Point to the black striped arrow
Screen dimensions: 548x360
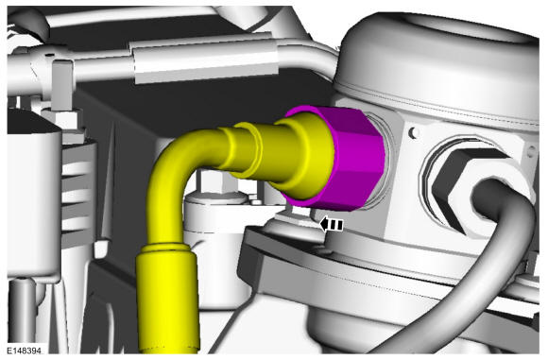coord(332,225)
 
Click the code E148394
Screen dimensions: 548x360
coord(25,351)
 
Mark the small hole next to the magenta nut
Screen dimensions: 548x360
coord(415,132)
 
